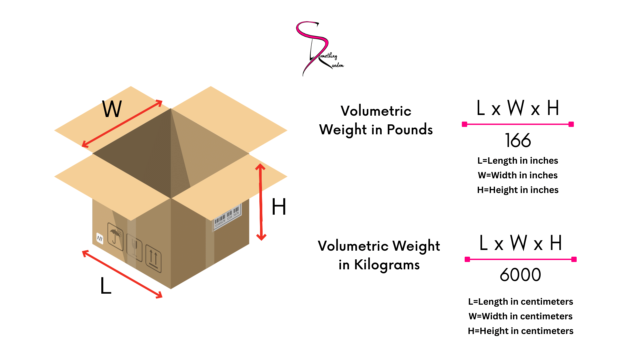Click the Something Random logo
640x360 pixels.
[x=318, y=48]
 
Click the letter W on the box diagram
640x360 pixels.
[x=112, y=109]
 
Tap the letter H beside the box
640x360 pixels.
[x=279, y=207]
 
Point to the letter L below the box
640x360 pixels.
[x=106, y=286]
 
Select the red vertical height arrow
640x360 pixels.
[x=261, y=202]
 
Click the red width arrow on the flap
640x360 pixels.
[x=122, y=124]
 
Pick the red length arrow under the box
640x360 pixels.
[x=122, y=274]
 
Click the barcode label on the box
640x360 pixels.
[x=227, y=217]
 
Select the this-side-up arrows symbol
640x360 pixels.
[x=153, y=260]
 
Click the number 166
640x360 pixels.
[x=518, y=140]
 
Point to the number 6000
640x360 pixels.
[x=520, y=275]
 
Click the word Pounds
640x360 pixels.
[x=410, y=130]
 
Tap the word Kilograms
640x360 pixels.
[x=387, y=265]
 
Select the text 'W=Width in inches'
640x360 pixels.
[x=517, y=175]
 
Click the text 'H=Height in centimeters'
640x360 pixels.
[x=520, y=331]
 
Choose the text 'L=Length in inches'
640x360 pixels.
[x=517, y=161]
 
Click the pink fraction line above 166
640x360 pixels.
[x=518, y=124]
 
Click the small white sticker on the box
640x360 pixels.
[x=100, y=238]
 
